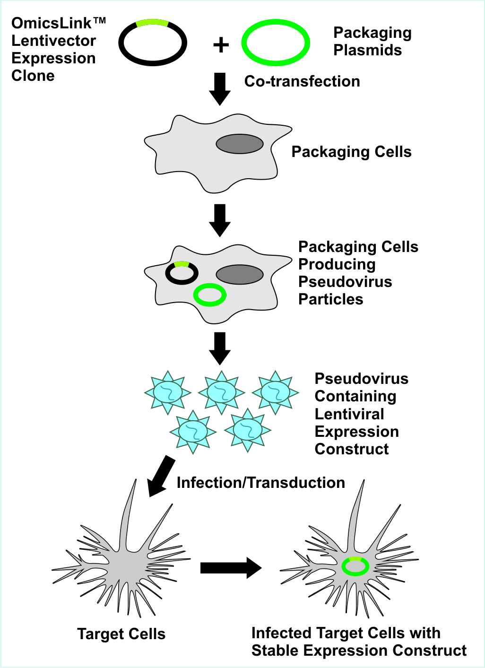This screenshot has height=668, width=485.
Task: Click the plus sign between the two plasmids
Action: (221, 45)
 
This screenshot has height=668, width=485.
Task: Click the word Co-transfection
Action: (302, 81)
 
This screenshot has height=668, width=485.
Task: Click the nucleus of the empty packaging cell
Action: (240, 144)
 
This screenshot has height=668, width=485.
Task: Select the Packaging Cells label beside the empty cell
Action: (351, 152)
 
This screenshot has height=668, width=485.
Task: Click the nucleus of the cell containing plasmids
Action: (240, 275)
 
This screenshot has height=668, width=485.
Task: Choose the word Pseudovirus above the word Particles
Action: (345, 282)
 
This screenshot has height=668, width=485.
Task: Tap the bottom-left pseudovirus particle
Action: (193, 431)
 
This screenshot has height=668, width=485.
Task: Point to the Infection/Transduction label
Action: (260, 483)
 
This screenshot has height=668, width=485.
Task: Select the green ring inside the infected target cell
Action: (355, 573)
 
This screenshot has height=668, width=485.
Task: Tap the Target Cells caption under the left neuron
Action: (121, 634)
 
